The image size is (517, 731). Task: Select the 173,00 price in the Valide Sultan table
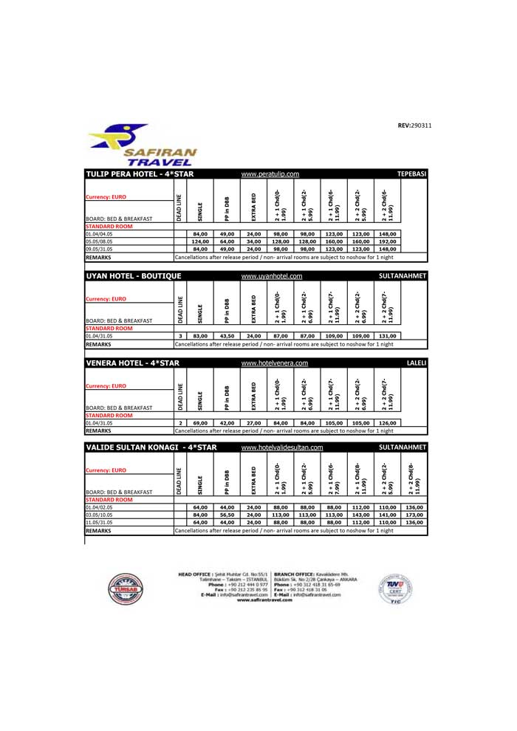[414, 515]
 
